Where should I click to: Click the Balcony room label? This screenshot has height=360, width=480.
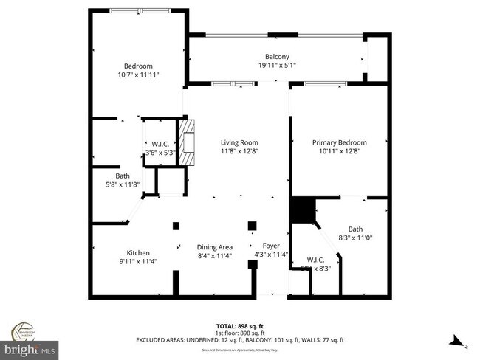click(x=277, y=57)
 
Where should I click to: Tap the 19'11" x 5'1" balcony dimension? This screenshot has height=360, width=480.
click(x=277, y=66)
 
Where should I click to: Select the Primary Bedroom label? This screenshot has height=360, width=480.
click(x=339, y=142)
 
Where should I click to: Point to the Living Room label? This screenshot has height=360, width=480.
click(x=239, y=142)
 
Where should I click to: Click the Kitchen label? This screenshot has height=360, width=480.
click(x=138, y=252)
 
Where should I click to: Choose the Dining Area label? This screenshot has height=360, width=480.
click(x=215, y=247)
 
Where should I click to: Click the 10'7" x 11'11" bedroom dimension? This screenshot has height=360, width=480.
click(x=138, y=75)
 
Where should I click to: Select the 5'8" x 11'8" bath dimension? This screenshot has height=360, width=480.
click(x=123, y=185)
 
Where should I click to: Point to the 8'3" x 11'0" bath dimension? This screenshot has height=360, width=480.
click(x=355, y=238)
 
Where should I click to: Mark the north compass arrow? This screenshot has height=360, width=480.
click(x=458, y=341)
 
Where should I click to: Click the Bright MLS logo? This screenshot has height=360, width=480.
click(x=30, y=346)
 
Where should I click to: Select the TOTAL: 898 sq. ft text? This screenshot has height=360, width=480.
click(x=240, y=325)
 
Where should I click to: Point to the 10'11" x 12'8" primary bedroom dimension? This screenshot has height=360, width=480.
click(x=339, y=151)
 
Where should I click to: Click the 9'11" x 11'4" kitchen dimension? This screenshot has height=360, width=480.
click(x=138, y=261)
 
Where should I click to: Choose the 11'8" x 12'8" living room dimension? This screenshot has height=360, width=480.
click(x=239, y=151)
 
